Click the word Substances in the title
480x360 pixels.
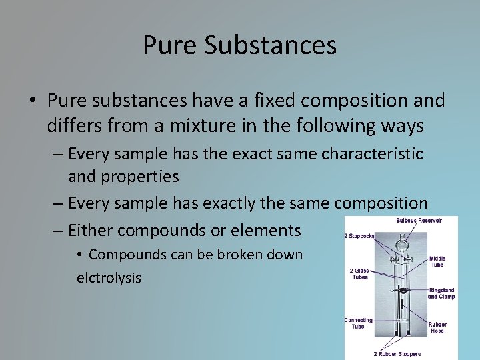click(x=271, y=45)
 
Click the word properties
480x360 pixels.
click(x=140, y=177)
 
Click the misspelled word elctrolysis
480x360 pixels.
click(x=109, y=277)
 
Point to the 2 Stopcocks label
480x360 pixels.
click(x=359, y=235)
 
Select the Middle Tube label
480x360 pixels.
click(x=437, y=261)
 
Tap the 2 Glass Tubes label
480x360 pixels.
click(x=360, y=274)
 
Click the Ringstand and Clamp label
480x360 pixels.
click(x=441, y=293)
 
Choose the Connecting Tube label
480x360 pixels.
click(x=358, y=323)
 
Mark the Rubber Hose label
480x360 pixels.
click(x=437, y=327)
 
